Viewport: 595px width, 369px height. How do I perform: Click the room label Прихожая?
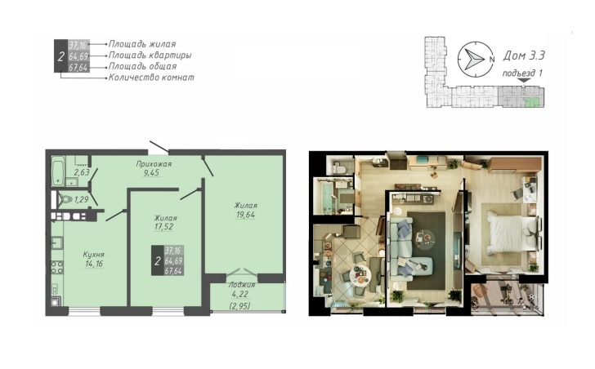154,164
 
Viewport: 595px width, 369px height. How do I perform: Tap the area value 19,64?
244,216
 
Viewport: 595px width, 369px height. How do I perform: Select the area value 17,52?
163,227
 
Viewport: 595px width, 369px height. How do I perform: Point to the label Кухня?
94,255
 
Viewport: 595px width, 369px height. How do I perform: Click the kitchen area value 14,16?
94,264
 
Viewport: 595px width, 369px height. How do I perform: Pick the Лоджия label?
242,285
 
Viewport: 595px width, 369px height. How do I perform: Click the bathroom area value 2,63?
82,173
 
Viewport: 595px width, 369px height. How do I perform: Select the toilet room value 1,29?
81,199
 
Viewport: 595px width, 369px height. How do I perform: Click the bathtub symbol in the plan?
58,171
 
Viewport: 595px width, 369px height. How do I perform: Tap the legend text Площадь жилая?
142,44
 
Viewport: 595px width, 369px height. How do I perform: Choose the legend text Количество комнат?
151,78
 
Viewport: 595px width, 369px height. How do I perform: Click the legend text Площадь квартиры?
150,56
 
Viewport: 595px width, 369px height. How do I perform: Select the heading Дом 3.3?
524,56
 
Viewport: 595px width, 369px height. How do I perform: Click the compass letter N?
492,60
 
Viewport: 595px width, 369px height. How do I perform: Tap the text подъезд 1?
522,73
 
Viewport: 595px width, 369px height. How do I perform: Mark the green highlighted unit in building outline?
531,101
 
